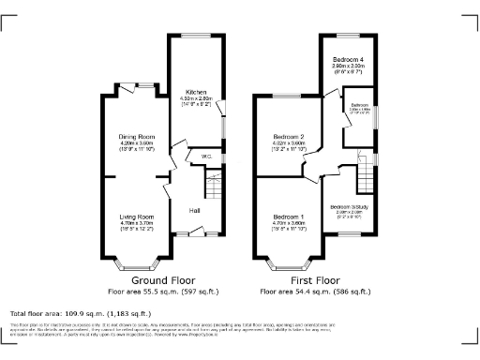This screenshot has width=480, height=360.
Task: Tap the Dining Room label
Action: [136, 138]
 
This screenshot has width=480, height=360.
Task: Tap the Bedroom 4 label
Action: [347, 59]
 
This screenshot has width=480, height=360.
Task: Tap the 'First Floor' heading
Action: [314, 279]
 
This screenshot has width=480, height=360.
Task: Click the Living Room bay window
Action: [136, 259]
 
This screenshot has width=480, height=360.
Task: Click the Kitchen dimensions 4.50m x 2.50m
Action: [196, 97]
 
